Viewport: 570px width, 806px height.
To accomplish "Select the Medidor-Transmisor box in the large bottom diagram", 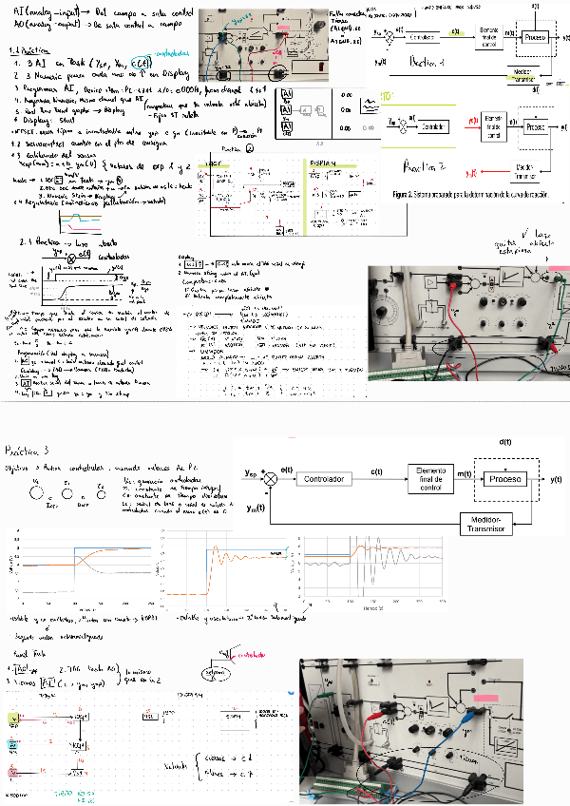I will (x=499, y=524).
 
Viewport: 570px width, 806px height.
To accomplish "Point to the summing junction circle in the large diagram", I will (x=271, y=479).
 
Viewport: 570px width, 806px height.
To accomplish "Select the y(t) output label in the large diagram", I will (x=555, y=479).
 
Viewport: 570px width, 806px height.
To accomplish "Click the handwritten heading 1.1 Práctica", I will (x=28, y=50).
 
